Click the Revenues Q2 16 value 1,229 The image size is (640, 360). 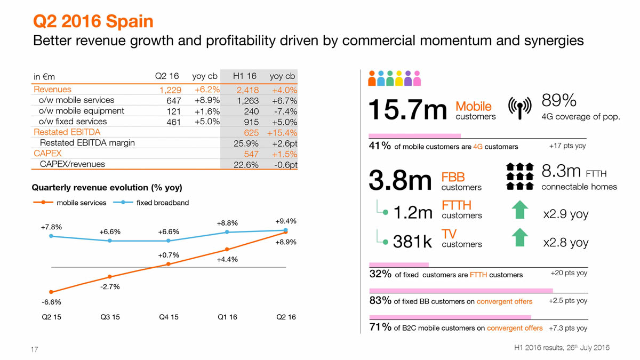tap(170, 90)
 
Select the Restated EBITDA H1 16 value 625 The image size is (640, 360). tap(251, 132)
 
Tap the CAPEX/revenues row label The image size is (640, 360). tap(72, 164)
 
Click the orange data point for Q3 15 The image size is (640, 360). tap(109, 276)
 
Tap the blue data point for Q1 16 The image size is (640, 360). tap(227, 232)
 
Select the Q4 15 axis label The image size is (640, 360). tap(169, 317)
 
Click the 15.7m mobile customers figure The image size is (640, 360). tap(408, 110)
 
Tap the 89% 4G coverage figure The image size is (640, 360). tap(559, 100)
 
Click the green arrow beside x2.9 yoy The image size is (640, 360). tap(520, 210)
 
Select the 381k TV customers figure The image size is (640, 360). tap(412, 242)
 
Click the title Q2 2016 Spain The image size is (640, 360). tap(93, 21)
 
